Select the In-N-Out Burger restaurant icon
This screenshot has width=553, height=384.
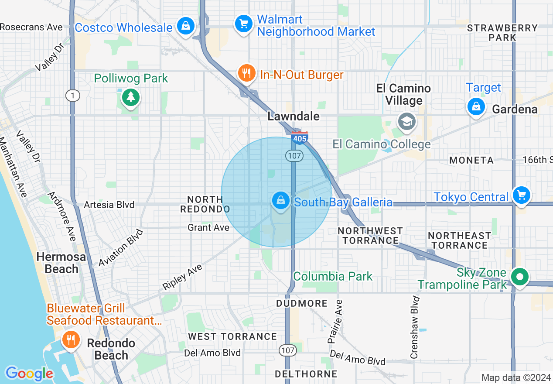pyautogui.click(x=247, y=73)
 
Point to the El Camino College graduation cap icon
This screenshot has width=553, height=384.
pyautogui.click(x=406, y=122)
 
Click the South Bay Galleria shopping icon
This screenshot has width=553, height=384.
pyautogui.click(x=281, y=201)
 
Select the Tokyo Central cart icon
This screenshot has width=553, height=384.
pyautogui.click(x=521, y=195)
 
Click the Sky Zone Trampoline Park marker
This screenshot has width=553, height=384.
pyautogui.click(x=520, y=277)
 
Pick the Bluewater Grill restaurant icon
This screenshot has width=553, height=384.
pyautogui.click(x=70, y=339)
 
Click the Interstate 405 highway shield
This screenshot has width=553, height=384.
pyautogui.click(x=300, y=137)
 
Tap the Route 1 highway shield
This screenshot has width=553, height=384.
pyautogui.click(x=73, y=96)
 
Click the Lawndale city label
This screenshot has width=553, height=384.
pyautogui.click(x=294, y=116)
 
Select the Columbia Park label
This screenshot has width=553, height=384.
pyautogui.click(x=333, y=276)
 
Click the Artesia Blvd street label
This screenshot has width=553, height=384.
pyautogui.click(x=109, y=205)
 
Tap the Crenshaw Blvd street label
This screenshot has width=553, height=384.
pyautogui.click(x=415, y=327)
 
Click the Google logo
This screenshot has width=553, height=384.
pyautogui.click(x=29, y=374)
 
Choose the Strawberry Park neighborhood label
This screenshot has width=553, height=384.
pyautogui.click(x=502, y=33)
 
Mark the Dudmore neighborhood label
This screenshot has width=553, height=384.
pyautogui.click(x=302, y=303)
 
